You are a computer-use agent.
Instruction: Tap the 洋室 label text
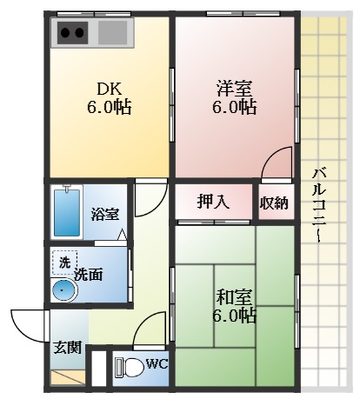point(234,87)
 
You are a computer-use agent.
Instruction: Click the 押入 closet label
point(212,203)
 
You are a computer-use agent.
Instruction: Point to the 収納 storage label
point(273,203)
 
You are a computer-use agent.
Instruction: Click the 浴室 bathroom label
point(105,214)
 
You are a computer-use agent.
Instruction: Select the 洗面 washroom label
point(89,275)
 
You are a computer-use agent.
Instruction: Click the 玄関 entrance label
point(68,348)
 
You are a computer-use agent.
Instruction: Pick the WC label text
point(157,363)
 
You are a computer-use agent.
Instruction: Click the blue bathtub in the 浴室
point(66,211)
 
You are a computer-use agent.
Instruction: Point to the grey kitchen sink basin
point(111,34)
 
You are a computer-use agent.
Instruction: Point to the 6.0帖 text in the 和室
point(235,316)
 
